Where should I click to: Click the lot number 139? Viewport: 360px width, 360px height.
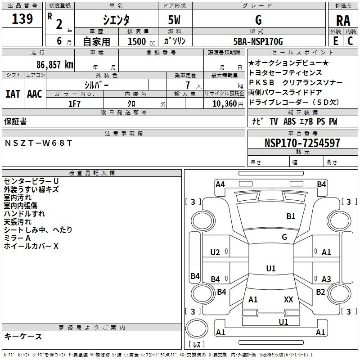pos(23,19)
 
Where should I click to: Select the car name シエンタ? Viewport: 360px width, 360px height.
pos(117,20)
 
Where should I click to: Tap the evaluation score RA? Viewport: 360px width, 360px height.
pos(343,20)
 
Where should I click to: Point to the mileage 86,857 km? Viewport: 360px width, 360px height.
pos(52,65)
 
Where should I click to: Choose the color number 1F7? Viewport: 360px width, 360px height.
pos(74,103)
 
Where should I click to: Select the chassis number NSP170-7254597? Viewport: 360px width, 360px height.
pos(302,143)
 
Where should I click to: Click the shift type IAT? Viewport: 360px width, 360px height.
pos(13,94)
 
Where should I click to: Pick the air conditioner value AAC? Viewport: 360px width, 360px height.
pos(35,94)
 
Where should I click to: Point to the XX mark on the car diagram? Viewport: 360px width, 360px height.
pos(288,299)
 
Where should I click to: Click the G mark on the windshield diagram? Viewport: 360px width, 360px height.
pos(284,237)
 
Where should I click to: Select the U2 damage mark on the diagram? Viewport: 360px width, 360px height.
pos(215,252)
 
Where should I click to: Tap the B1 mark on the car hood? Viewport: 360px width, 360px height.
pos(291,216)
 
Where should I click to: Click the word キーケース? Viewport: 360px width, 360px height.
pos(23,336)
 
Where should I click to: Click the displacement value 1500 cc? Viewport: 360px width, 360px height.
pos(140,42)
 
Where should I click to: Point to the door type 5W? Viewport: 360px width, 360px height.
pos(175,20)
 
